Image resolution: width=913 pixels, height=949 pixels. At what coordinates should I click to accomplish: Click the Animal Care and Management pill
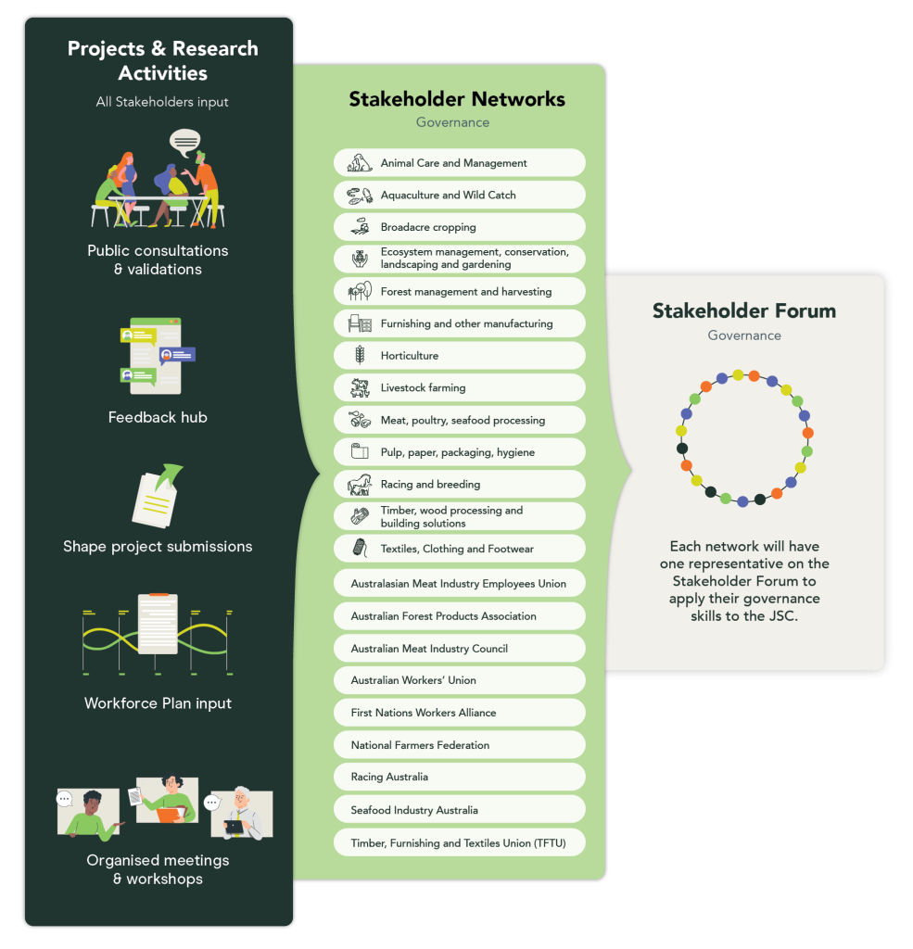click(x=459, y=163)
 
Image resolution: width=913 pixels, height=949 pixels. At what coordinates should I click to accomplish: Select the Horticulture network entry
click(x=459, y=356)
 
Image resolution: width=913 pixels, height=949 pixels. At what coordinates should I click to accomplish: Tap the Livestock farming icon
click(x=360, y=388)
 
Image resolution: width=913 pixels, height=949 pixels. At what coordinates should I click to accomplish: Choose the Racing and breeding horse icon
click(x=360, y=485)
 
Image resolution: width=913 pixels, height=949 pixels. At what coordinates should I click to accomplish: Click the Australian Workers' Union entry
click(x=459, y=680)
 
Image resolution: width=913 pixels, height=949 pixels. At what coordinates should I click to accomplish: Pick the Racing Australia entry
click(x=459, y=778)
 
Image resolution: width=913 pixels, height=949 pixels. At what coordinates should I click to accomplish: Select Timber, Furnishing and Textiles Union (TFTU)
click(x=459, y=843)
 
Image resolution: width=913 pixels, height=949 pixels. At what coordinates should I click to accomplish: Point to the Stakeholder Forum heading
click(x=743, y=310)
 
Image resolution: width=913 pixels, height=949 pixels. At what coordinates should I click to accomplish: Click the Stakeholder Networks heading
click(x=456, y=99)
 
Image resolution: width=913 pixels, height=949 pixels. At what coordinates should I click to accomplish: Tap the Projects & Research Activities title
click(x=162, y=60)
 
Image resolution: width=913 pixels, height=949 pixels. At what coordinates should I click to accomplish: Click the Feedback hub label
click(x=158, y=418)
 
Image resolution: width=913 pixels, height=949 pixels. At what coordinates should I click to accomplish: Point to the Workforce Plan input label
click(x=158, y=703)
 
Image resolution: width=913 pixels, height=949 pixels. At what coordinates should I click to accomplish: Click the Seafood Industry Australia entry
click(x=459, y=810)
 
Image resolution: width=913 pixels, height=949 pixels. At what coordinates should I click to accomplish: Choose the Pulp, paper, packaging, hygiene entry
click(x=459, y=452)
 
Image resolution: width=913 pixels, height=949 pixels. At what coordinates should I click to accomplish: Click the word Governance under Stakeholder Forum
click(x=743, y=335)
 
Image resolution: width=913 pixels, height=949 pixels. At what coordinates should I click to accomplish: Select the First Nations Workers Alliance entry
click(x=459, y=713)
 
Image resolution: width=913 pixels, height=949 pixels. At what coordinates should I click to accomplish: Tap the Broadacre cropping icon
click(x=360, y=227)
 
